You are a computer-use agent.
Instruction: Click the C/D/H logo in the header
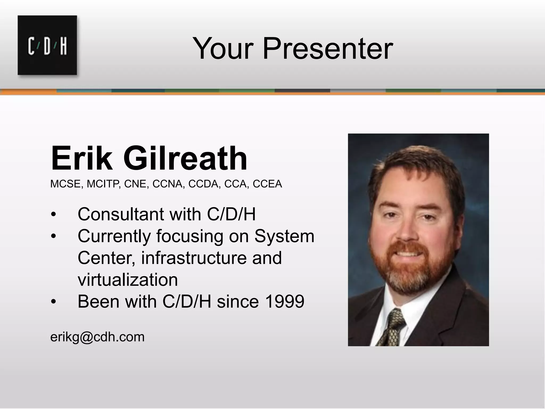pyautogui.click(x=47, y=45)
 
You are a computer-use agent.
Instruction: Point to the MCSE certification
pyautogui.click(x=65, y=184)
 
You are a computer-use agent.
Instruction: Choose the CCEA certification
pyautogui.click(x=267, y=184)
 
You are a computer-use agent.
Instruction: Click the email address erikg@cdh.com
pyautogui.click(x=97, y=337)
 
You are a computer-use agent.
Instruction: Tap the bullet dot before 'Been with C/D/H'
pyautogui.click(x=53, y=302)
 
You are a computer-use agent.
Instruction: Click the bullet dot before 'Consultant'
pyautogui.click(x=53, y=215)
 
